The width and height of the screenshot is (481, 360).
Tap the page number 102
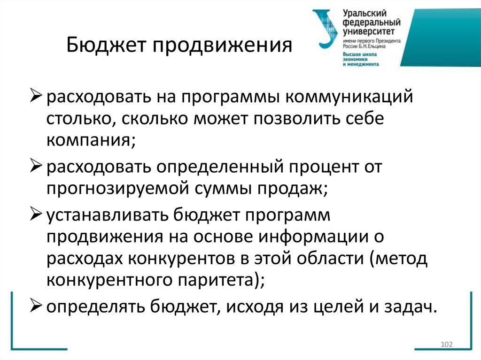click(446, 345)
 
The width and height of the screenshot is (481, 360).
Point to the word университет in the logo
click(366, 31)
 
